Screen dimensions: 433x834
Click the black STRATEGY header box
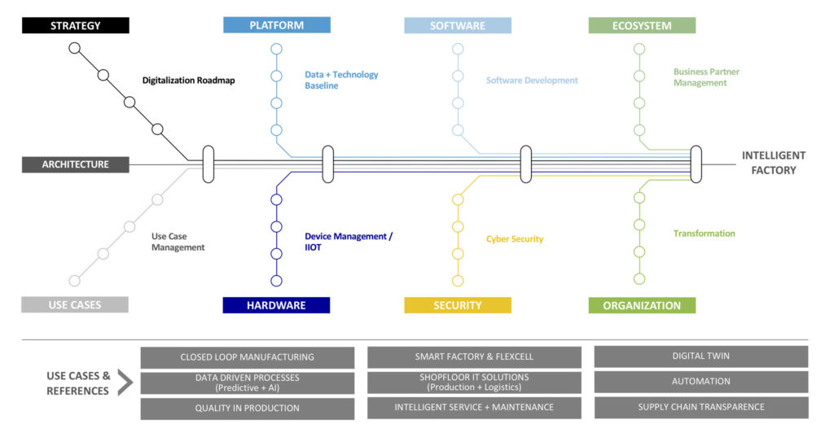coord(75,25)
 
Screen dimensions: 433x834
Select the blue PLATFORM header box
coord(277,25)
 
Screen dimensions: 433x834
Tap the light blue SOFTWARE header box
coord(458,25)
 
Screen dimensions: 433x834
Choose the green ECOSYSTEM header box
coord(642,25)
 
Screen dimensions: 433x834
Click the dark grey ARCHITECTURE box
coord(76,164)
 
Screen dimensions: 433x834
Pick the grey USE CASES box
coord(75,305)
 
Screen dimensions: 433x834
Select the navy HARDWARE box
coord(276,305)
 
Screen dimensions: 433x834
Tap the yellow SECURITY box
coord(458,305)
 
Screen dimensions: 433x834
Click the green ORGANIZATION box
coord(642,305)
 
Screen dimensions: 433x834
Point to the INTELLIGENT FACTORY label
coord(773,163)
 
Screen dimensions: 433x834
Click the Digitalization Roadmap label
coord(188,81)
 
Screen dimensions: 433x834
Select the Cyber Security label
coord(515,239)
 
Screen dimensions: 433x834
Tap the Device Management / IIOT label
coord(349,242)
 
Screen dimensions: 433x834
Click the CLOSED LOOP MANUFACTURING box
coord(247,357)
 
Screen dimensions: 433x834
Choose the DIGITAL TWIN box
coord(700,356)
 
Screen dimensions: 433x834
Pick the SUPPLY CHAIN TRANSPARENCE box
coord(700,407)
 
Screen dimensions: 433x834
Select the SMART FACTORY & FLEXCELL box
coord(474,357)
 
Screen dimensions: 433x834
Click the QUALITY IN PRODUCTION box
coord(247,408)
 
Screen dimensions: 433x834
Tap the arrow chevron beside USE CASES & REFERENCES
coord(125,382)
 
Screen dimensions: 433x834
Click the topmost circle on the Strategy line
coord(75,48)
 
